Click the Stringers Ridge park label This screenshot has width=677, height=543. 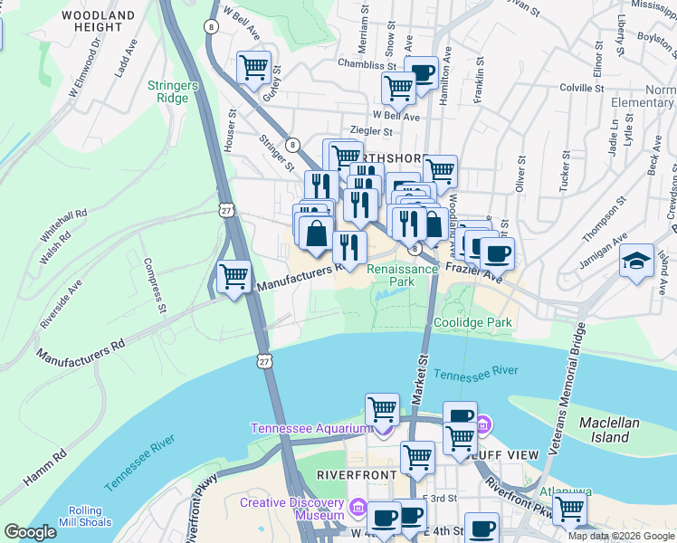click(x=172, y=92)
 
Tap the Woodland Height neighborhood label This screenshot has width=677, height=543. click(x=100, y=22)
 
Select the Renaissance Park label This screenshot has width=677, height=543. click(x=402, y=275)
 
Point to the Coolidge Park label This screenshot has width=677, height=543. click(x=472, y=322)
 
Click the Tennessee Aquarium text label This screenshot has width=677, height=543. click(x=310, y=428)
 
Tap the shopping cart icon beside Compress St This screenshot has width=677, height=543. click(x=234, y=275)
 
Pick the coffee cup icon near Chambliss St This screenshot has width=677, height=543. click(x=422, y=71)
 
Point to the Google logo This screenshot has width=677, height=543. click(x=30, y=532)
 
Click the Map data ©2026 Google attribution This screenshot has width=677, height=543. click(x=621, y=536)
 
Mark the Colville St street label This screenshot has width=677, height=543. click(x=582, y=88)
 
